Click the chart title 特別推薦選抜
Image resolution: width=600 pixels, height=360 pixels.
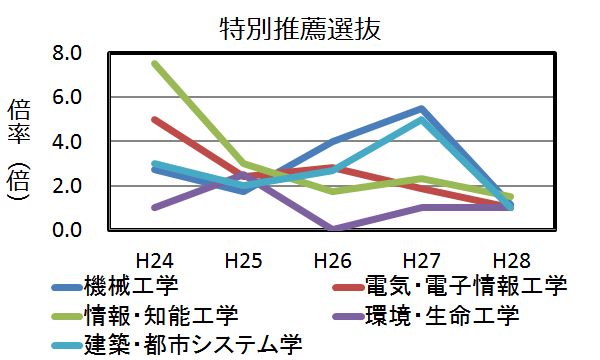[x=300, y=28]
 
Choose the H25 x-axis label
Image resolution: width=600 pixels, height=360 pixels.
[x=244, y=261]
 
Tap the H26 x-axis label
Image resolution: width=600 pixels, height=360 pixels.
[x=332, y=261]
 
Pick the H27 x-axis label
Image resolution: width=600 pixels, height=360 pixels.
[x=421, y=261]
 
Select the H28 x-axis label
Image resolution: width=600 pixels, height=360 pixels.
[x=510, y=261]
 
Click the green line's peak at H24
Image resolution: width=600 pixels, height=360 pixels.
[x=155, y=64]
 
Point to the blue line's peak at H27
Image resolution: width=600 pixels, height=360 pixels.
[x=422, y=109]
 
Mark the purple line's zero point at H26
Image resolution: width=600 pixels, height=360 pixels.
[x=333, y=229]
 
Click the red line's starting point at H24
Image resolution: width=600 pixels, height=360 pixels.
[x=155, y=120]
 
